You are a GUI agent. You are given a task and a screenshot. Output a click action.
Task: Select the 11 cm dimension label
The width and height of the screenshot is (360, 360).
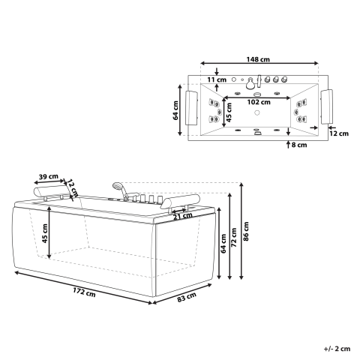click(217, 79)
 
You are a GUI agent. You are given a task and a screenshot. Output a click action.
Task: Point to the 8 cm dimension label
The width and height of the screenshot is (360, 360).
click(298, 145)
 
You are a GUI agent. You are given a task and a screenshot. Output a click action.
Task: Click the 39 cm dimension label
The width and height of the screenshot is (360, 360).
click(50, 177)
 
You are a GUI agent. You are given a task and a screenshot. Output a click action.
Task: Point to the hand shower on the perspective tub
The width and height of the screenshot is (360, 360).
click(118, 187)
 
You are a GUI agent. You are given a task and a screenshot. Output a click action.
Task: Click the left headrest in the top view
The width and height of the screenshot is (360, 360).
click(193, 106)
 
